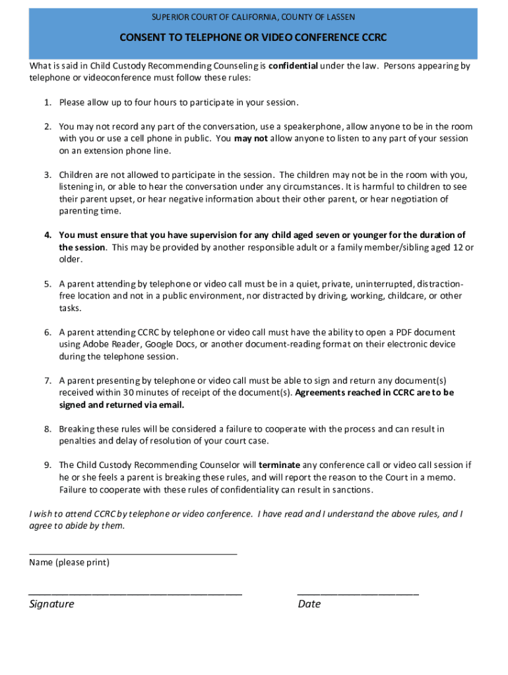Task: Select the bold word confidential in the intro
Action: (x=293, y=66)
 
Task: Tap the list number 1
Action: (x=48, y=103)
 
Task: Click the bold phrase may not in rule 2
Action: (x=251, y=138)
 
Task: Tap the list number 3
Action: (x=48, y=175)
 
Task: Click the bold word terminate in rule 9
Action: (x=280, y=465)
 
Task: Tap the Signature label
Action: (x=51, y=604)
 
